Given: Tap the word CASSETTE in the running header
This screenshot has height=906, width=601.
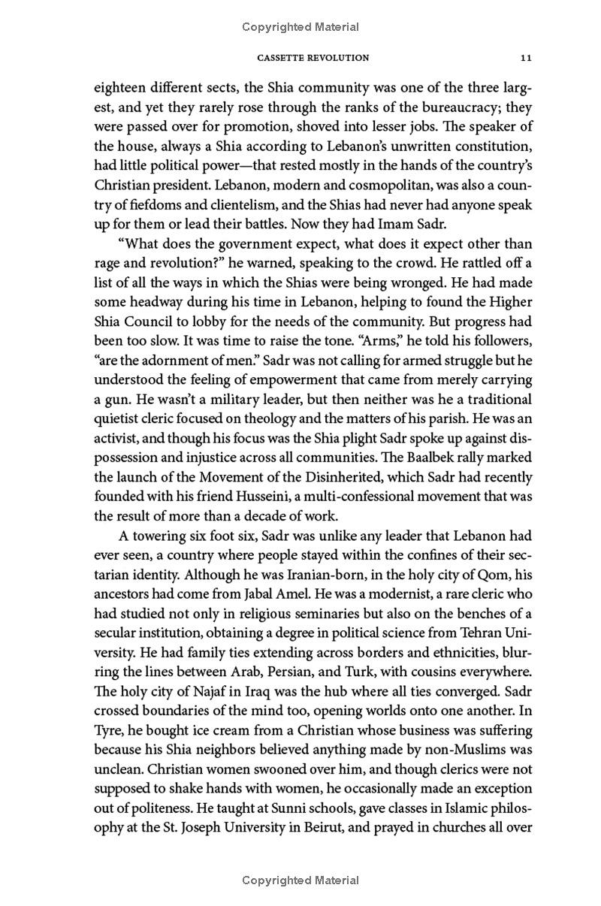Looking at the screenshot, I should point(282,57).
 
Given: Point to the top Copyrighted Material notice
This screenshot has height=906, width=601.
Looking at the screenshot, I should point(300,27).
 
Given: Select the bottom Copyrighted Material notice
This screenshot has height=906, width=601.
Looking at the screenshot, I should point(300,880).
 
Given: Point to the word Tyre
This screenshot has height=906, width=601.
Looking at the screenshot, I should point(108,731).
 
